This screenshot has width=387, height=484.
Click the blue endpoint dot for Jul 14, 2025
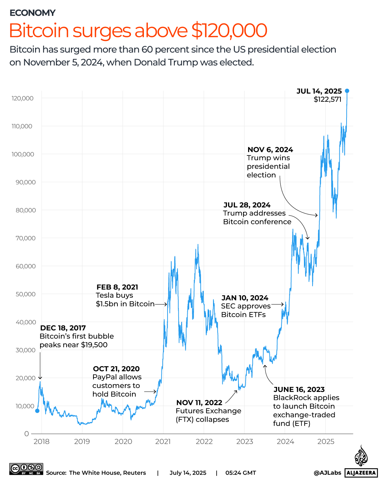(347, 91)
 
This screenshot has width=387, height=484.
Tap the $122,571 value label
(327, 100)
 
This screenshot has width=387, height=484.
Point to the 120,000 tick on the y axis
(23, 99)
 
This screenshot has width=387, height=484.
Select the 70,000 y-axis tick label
(25, 238)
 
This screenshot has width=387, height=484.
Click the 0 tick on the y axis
(26, 434)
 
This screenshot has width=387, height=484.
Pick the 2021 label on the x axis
(163, 442)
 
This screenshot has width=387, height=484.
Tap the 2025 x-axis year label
(325, 442)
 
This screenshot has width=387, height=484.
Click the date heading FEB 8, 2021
(117, 287)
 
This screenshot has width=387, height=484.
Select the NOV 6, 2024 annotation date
(270, 150)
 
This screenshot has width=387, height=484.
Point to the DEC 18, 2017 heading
(63, 328)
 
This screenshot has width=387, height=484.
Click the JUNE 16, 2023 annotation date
(299, 390)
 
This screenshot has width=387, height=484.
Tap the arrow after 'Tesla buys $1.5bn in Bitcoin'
(161, 304)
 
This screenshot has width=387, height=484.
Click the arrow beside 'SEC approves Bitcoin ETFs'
(278, 305)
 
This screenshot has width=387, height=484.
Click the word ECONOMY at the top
(33, 13)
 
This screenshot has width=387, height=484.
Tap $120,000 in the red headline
(229, 30)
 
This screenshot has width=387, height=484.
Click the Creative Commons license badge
(26, 469)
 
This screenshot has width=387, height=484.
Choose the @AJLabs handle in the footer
(327, 473)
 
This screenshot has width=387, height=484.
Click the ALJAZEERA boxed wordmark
(361, 473)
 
